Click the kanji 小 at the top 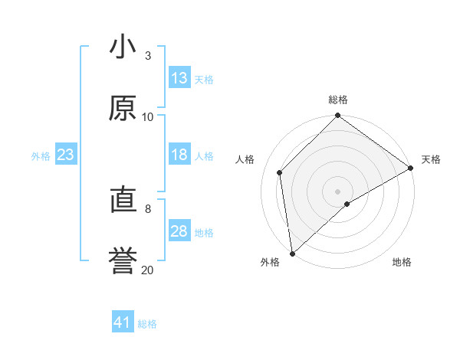(123, 47)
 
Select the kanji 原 (123, 109)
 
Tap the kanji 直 (123, 201)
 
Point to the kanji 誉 (123, 261)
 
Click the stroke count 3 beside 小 (147, 55)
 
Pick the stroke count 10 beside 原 (147, 116)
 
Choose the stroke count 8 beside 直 (147, 208)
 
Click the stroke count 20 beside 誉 (147, 270)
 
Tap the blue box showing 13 (179, 78)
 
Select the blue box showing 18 (179, 155)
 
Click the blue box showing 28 (179, 231)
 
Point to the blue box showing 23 (65, 155)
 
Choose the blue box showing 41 (123, 322)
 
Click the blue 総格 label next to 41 (147, 324)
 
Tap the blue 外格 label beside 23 (41, 156)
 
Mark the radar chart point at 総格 (337, 116)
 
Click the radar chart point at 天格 (411, 168)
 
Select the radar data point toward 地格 (347, 204)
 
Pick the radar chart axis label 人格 (245, 159)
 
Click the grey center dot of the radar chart (337, 191)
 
